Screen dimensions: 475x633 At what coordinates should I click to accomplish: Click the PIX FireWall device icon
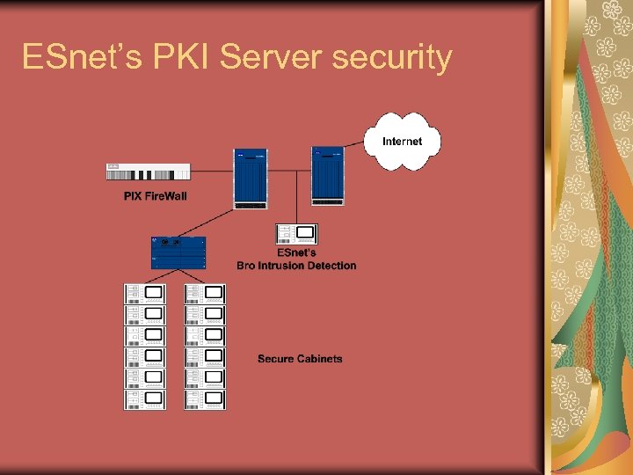tap(149, 172)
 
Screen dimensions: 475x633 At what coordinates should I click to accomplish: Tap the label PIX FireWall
tap(156, 195)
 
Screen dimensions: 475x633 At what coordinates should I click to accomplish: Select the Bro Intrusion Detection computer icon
tap(297, 234)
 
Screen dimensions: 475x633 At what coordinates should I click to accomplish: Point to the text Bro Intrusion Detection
tap(296, 265)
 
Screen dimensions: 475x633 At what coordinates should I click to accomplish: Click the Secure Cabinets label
tap(300, 359)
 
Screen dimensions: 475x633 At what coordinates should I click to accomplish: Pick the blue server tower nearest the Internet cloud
tap(328, 175)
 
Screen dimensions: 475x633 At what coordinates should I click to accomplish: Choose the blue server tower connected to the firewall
tap(251, 179)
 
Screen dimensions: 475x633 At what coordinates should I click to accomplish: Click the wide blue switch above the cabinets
tap(178, 252)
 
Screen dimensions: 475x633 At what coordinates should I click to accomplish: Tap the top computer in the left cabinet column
tap(145, 294)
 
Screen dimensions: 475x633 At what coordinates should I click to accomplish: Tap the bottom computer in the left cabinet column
tap(145, 399)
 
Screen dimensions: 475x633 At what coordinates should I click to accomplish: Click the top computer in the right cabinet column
tap(205, 294)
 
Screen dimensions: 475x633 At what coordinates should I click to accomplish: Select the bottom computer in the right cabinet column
tap(205, 399)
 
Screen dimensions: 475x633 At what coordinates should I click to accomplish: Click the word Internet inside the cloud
tap(402, 141)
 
